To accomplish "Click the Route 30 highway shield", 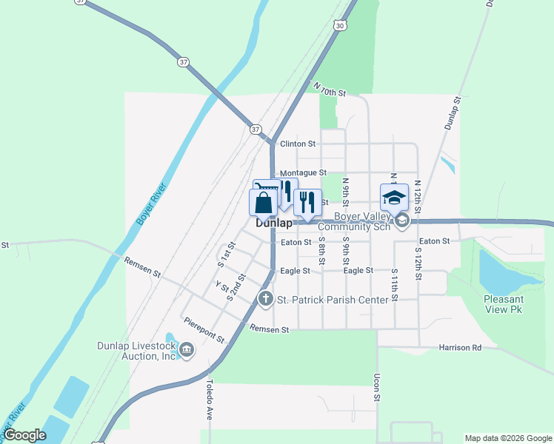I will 339,25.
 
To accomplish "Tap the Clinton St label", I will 298,144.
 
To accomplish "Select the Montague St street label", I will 304,172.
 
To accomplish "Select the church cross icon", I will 266,298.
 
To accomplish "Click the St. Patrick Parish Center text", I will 333,300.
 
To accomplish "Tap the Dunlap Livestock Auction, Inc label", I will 138,351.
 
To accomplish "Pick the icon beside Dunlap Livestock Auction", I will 187,349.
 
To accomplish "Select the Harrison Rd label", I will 460,347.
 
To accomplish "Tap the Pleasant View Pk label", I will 503,304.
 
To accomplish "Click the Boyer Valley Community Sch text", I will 362,221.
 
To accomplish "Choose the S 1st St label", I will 226,254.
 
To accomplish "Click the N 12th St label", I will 418,197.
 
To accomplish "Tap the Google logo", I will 25,436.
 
